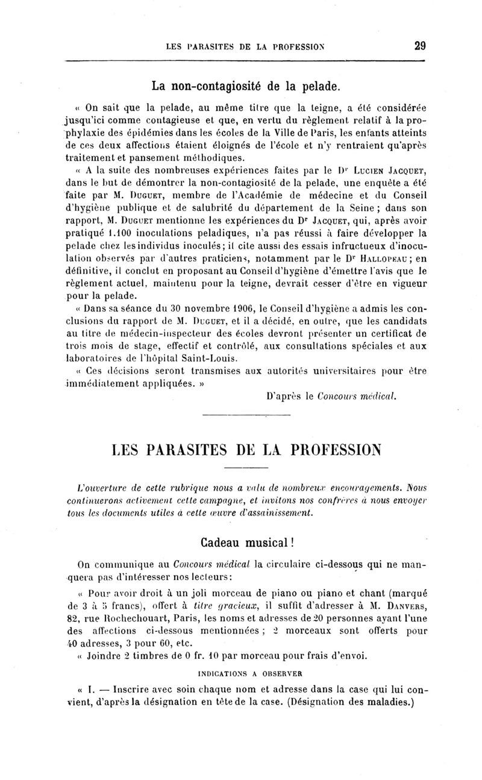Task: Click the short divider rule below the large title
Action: coord(241,468)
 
